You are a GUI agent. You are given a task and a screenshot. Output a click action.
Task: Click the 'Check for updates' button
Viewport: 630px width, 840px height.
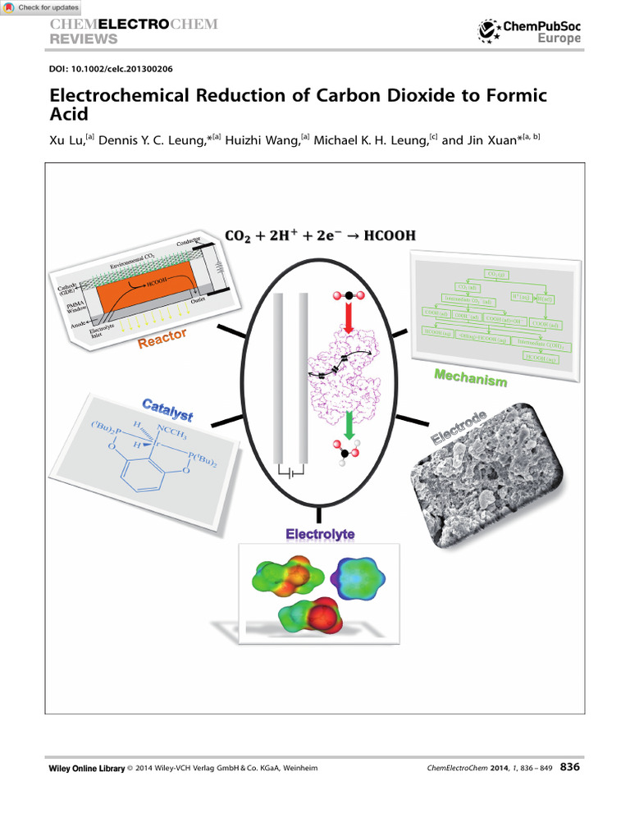41,7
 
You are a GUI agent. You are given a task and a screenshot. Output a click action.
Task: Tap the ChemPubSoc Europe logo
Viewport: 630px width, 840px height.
529,32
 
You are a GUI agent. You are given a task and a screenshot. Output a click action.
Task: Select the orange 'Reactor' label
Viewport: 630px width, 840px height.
162,338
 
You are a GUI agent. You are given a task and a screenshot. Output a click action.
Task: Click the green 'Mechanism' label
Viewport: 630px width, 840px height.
470,378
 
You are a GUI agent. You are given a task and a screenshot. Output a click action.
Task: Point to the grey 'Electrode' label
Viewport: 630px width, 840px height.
460,427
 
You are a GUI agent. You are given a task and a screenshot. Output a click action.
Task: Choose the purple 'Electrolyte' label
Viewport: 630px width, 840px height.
320,534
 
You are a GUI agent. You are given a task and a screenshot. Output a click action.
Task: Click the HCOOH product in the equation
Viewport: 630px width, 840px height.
387,235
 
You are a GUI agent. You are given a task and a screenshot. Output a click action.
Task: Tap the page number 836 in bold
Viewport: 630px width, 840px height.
570,767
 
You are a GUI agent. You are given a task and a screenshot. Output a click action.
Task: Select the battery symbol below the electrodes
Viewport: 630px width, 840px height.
291,473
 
